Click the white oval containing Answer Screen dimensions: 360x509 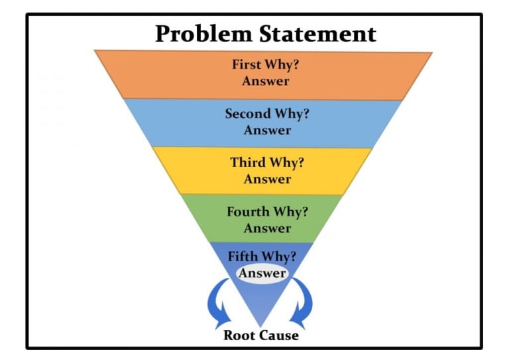[262, 273]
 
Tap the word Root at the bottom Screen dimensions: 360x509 [241, 335]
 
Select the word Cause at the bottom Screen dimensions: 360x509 [280, 335]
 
